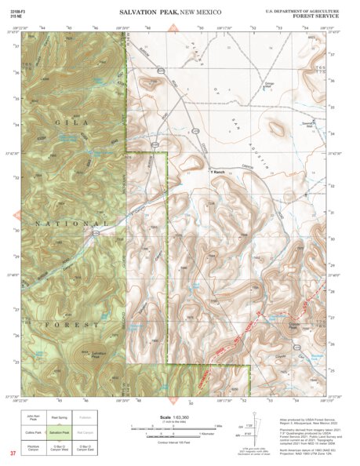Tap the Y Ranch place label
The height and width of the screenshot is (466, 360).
[218, 172]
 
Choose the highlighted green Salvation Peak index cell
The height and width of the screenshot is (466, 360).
[60, 433]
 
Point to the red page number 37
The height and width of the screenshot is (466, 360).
[13, 453]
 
